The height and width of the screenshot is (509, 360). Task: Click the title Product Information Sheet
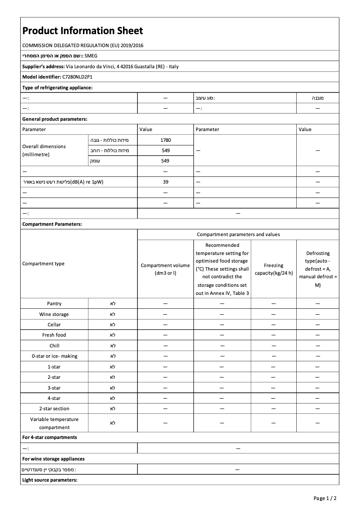pos(83,31)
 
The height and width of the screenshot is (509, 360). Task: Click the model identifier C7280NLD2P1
pos(77,77)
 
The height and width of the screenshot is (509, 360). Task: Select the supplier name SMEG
pos(91,56)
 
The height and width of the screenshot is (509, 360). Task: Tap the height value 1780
pos(165,140)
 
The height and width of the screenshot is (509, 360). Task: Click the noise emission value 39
pos(165,182)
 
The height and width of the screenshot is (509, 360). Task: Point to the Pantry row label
pos(54,304)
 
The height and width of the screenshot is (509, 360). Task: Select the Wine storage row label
pos(54,314)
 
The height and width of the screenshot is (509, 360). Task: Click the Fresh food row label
pos(54,335)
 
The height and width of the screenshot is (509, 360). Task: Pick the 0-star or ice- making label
pos(54,356)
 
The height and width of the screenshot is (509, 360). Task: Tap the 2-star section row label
pos(54,408)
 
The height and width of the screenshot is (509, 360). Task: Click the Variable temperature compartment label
pos(54,423)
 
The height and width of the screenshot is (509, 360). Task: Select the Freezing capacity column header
pos(273,269)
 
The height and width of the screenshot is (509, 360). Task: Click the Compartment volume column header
pos(165,269)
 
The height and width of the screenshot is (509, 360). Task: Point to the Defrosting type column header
pos(317,269)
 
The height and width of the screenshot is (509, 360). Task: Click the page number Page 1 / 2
pos(325,498)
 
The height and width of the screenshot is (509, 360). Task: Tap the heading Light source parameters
pos(50,480)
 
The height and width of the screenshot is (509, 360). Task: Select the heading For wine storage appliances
pos(53,459)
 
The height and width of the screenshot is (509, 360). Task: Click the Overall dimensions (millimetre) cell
pos(44,150)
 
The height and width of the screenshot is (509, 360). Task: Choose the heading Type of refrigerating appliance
pos(57,88)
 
